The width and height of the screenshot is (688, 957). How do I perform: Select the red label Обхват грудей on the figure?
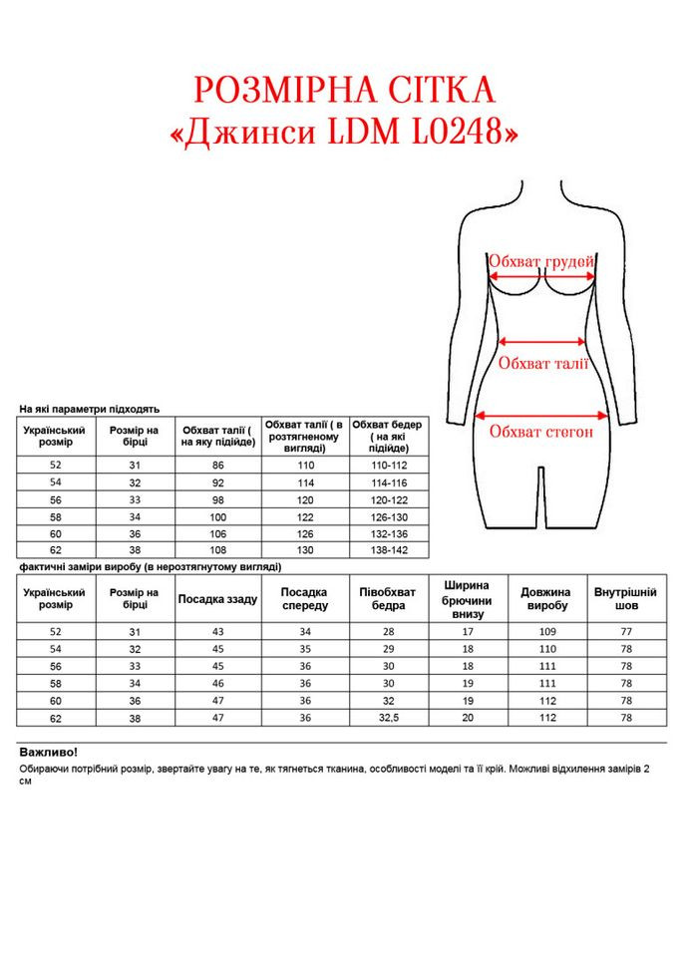541,261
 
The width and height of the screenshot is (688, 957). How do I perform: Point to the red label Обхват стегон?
541,432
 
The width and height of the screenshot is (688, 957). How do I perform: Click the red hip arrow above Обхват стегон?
542,414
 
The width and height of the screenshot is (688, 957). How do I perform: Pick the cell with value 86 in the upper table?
218,466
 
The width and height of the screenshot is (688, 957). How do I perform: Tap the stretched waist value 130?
305,549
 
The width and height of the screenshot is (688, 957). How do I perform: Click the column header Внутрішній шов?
625,599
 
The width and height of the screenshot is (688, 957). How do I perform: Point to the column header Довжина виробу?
546,599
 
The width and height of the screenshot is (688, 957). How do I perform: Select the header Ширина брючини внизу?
468,599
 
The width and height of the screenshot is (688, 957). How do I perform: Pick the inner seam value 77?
626,632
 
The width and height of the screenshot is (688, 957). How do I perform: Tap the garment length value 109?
546,632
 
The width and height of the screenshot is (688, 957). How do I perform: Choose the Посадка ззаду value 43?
218,632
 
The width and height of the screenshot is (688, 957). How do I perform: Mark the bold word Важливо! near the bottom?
48,753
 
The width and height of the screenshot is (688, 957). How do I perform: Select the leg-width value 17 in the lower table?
468,632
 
